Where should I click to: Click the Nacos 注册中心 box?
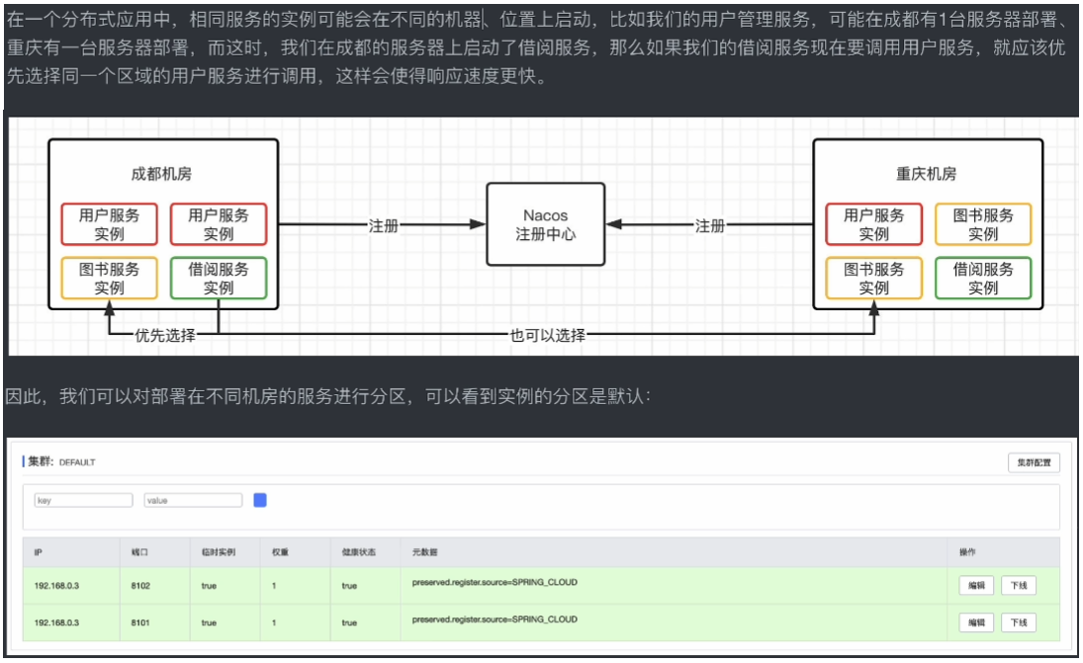click(x=545, y=224)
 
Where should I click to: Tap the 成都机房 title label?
click(x=161, y=174)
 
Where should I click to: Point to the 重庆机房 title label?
click(x=927, y=174)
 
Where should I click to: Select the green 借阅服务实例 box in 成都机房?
click(x=219, y=279)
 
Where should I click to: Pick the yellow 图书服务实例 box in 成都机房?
click(x=110, y=279)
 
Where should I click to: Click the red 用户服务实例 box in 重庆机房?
click(x=873, y=224)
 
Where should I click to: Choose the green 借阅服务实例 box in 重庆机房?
click(x=983, y=279)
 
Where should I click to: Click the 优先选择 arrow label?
click(x=165, y=336)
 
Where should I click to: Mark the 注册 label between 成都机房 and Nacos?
click(x=383, y=225)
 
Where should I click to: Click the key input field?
click(x=83, y=501)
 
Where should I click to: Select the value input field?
click(x=193, y=501)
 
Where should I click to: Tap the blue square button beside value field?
click(x=260, y=500)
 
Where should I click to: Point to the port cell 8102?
click(x=140, y=586)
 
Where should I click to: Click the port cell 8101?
click(x=140, y=623)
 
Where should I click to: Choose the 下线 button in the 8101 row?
click(x=1019, y=622)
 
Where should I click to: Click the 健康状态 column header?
click(x=356, y=552)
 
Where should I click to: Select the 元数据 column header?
click(x=424, y=552)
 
